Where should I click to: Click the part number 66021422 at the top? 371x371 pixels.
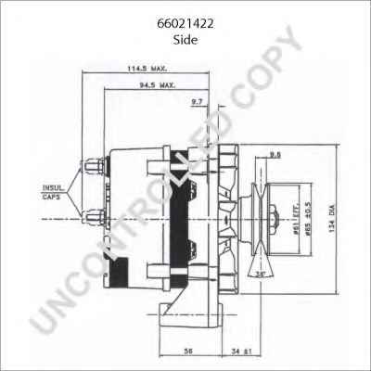185,26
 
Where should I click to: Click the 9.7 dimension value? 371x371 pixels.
197,101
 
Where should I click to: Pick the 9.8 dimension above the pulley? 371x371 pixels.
275,153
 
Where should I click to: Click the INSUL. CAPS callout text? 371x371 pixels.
53,194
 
